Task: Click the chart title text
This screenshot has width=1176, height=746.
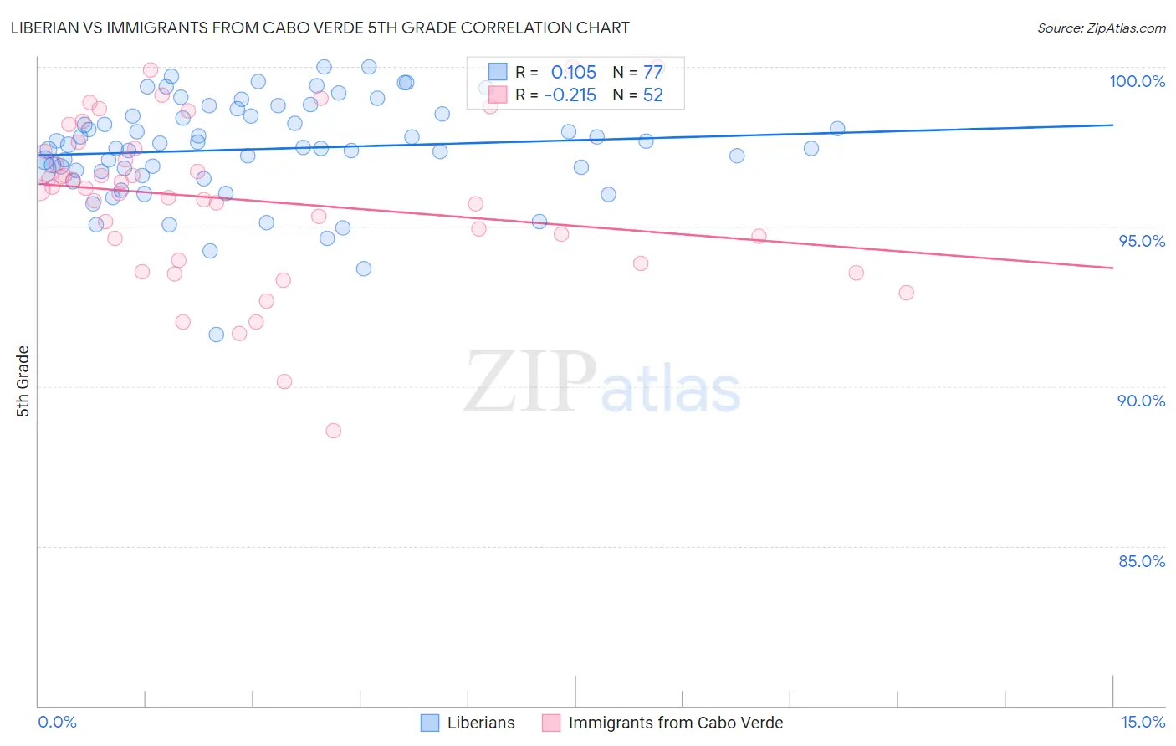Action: click(320, 28)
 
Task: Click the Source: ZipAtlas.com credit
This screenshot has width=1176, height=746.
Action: click(1101, 28)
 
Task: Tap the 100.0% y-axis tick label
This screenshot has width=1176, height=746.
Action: click(1137, 81)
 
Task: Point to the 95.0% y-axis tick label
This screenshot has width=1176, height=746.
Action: click(1141, 241)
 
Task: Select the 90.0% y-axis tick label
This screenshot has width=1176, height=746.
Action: click(1141, 401)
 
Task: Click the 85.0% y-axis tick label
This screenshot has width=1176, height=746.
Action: click(1141, 561)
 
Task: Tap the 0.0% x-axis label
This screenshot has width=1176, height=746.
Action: click(57, 722)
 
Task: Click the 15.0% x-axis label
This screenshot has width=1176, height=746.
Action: click(1143, 722)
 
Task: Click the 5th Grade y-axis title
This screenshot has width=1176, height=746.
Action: click(23, 381)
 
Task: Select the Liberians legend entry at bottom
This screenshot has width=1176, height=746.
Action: click(480, 723)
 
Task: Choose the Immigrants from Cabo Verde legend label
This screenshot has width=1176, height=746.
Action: click(675, 723)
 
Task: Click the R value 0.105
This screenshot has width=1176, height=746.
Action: click(573, 72)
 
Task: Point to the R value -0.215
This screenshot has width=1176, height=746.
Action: click(570, 95)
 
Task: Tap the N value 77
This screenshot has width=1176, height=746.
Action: click(652, 72)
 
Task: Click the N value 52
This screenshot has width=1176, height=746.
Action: click(652, 95)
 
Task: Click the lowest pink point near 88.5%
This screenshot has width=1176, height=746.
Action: click(333, 431)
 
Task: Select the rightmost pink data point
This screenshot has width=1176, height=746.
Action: click(906, 293)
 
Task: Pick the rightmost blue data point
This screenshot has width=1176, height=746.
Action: click(837, 129)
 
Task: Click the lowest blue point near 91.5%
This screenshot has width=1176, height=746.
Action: click(216, 335)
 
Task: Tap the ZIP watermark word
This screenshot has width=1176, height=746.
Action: click(530, 382)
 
